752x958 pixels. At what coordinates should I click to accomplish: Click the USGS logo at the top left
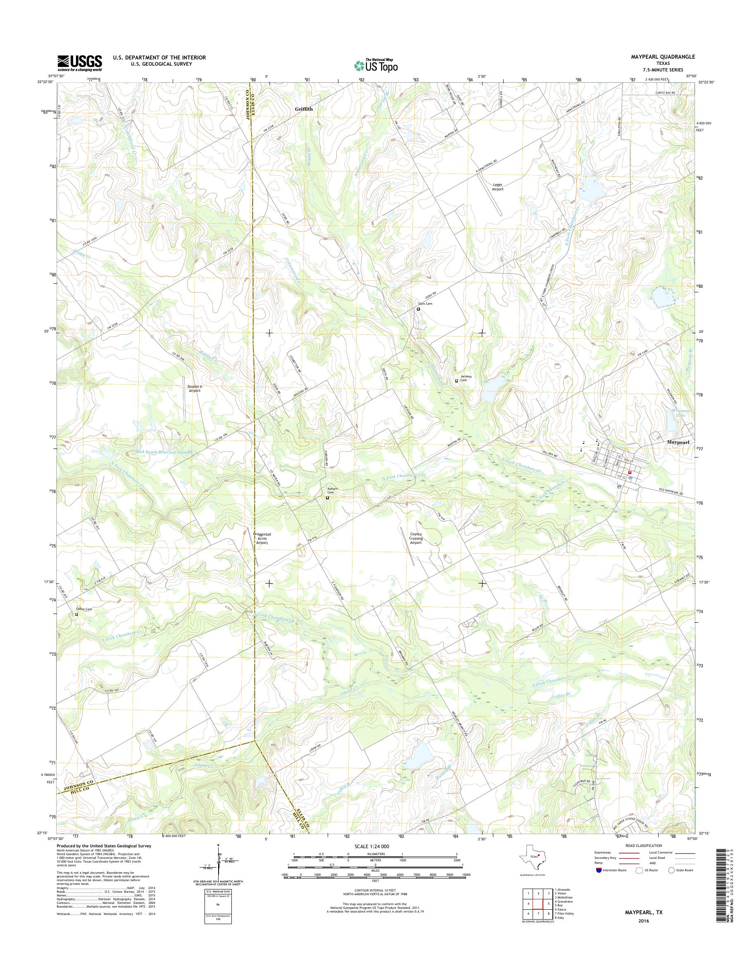(x=80, y=63)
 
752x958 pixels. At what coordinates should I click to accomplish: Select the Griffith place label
(x=304, y=109)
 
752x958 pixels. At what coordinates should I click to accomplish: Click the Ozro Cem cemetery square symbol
(x=418, y=309)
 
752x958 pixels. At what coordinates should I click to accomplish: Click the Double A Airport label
(x=194, y=388)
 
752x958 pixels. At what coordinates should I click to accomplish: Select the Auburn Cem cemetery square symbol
(x=327, y=498)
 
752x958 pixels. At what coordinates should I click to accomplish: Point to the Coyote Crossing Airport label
(x=416, y=538)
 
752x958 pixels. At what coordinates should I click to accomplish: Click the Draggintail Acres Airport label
(x=262, y=538)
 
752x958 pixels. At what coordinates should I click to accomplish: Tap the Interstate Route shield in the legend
(x=598, y=870)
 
